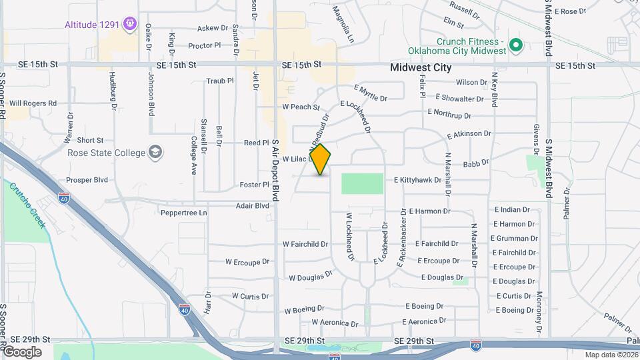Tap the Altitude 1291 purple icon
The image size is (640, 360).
coord(130,25)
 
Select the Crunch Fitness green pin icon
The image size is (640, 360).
coord(515,45)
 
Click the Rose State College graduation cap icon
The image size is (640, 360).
coord(156,153)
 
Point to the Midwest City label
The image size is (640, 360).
coord(421,67)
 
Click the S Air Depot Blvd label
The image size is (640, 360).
coord(275,171)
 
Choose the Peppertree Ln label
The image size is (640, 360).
coord(184,213)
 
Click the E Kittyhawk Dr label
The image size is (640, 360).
coord(419,180)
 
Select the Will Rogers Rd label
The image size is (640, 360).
coord(33,103)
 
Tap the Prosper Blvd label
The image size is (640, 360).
coord(87,180)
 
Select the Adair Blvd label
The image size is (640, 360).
coord(252,206)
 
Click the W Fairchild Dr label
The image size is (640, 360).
coord(305,244)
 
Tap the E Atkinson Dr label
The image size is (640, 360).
coord(469,134)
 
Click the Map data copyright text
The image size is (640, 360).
coord(609,355)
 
